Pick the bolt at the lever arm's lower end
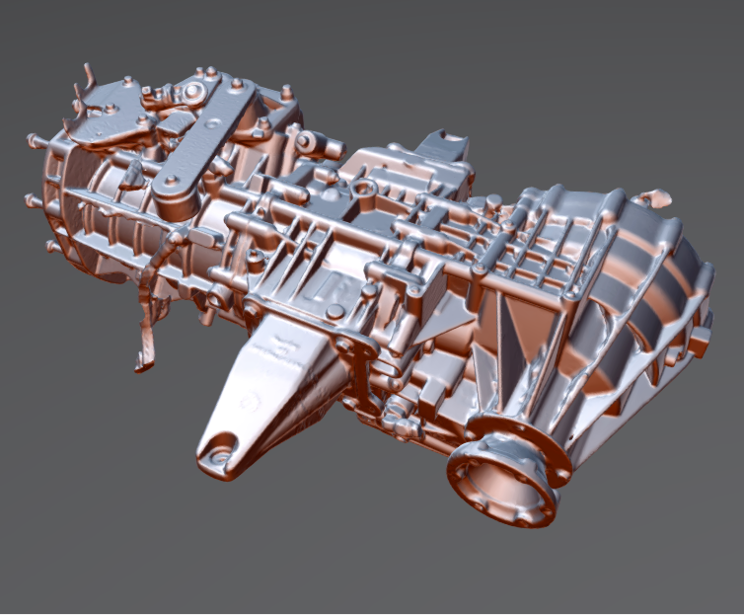tap(170, 183)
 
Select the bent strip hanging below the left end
tap(148, 326)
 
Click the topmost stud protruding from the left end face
tap(33, 140)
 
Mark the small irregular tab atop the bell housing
tap(651, 198)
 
